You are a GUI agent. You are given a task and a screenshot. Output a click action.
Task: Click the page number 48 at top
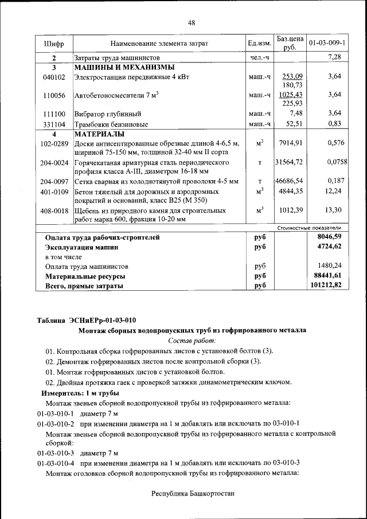coord(192,22)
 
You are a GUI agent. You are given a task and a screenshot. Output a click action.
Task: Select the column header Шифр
coord(54,44)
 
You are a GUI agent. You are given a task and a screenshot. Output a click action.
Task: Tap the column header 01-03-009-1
coord(326,43)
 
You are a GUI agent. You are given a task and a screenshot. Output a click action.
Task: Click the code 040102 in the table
coord(54,76)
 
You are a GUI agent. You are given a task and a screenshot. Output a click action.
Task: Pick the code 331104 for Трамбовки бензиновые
coord(54,124)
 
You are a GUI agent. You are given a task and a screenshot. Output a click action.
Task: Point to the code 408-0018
coord(54,210)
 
